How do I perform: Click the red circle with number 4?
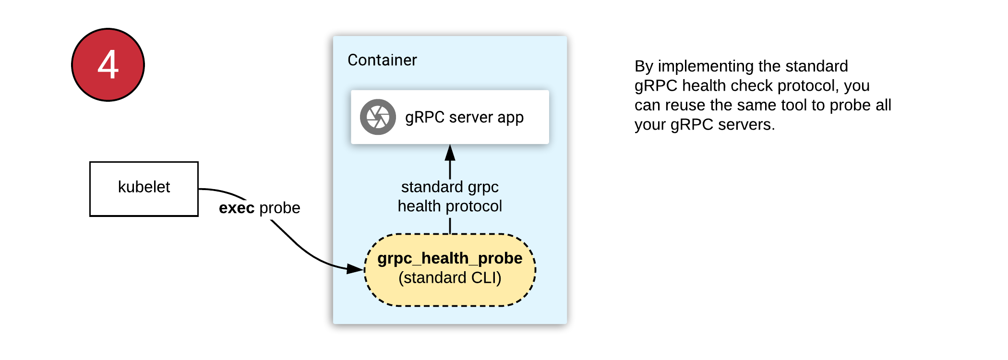click(108, 65)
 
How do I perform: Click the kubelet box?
click(144, 189)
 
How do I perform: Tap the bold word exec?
click(237, 208)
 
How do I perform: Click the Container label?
click(382, 60)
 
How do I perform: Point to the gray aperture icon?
click(378, 117)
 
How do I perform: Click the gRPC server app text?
click(464, 118)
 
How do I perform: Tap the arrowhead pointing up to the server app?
click(450, 153)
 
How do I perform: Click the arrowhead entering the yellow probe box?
click(355, 268)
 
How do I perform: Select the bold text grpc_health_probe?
click(450, 258)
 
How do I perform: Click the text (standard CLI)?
click(450, 278)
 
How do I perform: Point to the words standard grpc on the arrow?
click(450, 187)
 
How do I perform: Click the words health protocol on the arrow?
click(450, 206)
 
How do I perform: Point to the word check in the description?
click(750, 86)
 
